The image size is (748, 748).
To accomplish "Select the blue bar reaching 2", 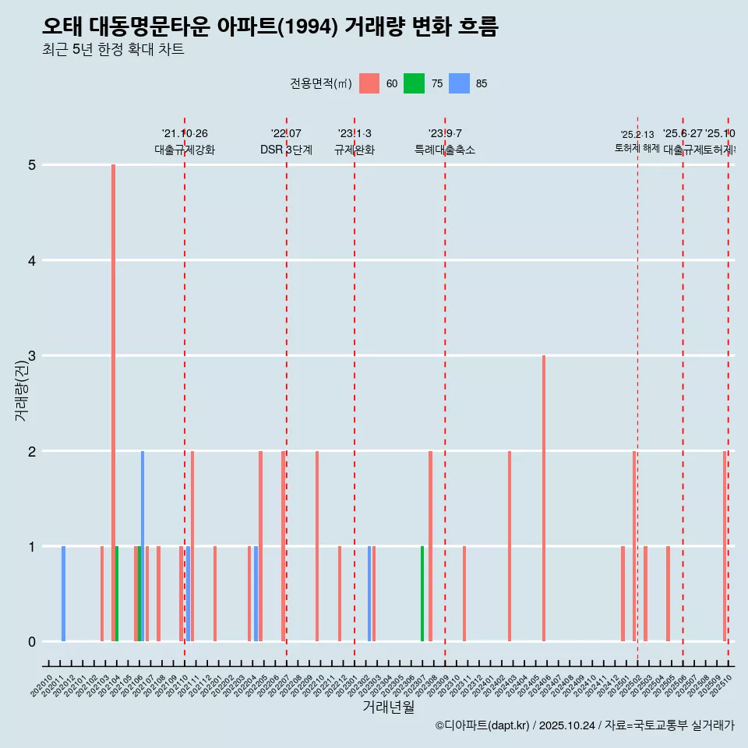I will [x=143, y=545].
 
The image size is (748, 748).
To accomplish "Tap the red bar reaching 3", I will [x=544, y=499].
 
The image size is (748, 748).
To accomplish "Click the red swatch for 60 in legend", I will [x=369, y=83].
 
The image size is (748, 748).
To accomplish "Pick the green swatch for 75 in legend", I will [x=414, y=83].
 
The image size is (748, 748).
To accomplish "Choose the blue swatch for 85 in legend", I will [x=460, y=83].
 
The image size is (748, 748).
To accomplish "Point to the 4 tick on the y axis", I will [x=32, y=260].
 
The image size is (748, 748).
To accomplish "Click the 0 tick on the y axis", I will [x=32, y=642].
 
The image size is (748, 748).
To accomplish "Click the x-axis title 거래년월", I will [x=388, y=707].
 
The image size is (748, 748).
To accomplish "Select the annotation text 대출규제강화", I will [x=185, y=150].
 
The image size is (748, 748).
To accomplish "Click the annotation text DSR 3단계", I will [x=287, y=150].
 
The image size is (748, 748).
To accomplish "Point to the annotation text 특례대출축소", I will [x=445, y=150].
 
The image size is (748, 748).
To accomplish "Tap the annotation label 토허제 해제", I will [x=637, y=148].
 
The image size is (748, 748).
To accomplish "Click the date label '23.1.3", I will [x=355, y=134].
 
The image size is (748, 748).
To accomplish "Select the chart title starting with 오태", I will [x=270, y=27].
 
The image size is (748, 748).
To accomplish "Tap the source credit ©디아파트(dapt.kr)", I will [x=482, y=725].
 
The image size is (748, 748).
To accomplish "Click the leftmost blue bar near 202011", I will [x=63, y=594].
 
